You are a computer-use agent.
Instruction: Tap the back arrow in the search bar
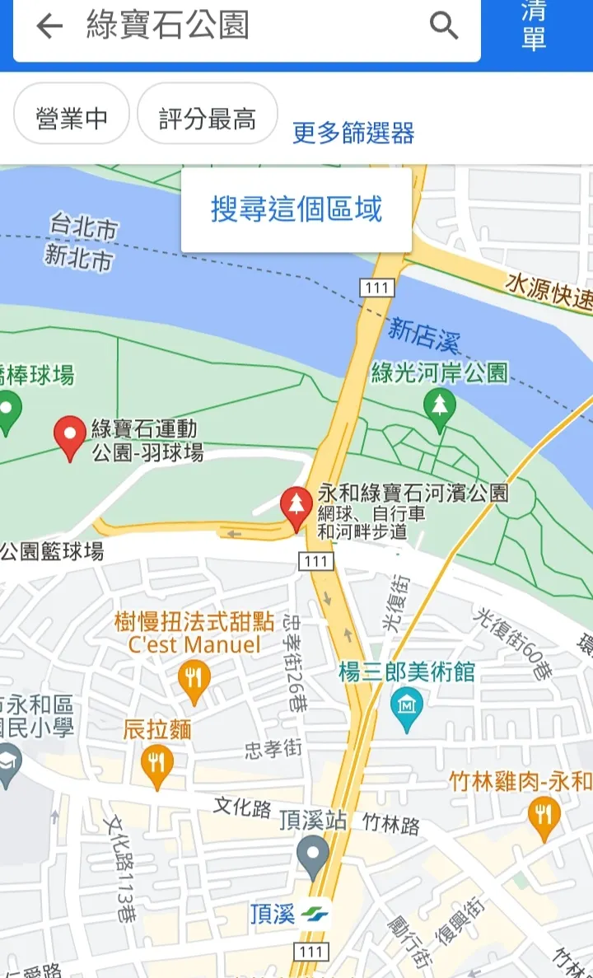tap(49, 26)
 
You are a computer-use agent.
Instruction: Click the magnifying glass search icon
tap(444, 26)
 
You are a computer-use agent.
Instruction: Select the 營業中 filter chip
tap(72, 119)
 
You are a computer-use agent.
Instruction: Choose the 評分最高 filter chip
tap(208, 119)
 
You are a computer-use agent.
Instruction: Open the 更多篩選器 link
tap(353, 133)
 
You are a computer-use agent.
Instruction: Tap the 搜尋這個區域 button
tap(296, 209)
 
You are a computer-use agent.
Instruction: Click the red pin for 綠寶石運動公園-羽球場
tap(70, 437)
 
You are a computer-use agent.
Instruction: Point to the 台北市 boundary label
tap(83, 227)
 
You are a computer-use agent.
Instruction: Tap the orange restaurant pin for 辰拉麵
tap(156, 765)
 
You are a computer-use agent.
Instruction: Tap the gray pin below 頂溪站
tap(313, 857)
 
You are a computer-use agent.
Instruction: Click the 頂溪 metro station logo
tap(314, 914)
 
